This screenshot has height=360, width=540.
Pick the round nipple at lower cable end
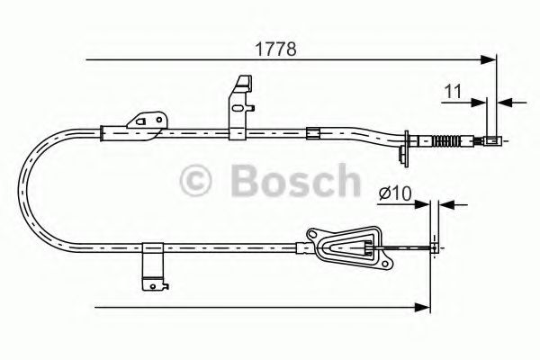(436, 245)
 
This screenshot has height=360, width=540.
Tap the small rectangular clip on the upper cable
(313, 134)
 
